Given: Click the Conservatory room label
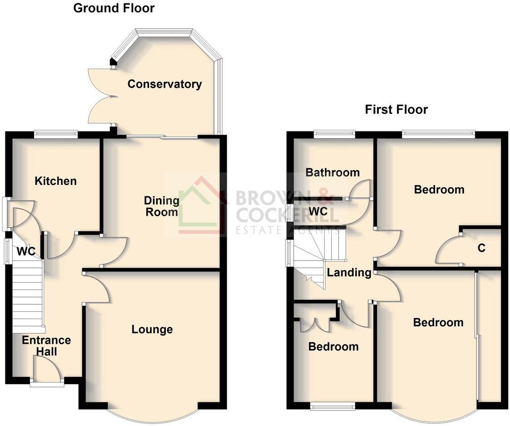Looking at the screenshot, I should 165,84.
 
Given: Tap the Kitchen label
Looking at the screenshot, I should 56,181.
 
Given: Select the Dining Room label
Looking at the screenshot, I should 161,206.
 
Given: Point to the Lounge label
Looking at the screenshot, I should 152,329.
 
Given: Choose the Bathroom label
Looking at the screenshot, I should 332,172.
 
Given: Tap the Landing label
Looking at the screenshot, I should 349,272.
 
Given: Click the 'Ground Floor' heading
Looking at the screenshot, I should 114,8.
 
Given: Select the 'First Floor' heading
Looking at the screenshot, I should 396,110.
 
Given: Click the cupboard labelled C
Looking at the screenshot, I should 481,248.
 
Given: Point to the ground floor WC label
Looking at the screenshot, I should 26,251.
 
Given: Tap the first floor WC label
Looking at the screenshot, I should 318,211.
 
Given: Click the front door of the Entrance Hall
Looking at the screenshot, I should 47,369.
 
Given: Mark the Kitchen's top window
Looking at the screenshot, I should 56,134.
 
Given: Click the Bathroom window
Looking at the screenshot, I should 334,134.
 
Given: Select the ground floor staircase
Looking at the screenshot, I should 28,298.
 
